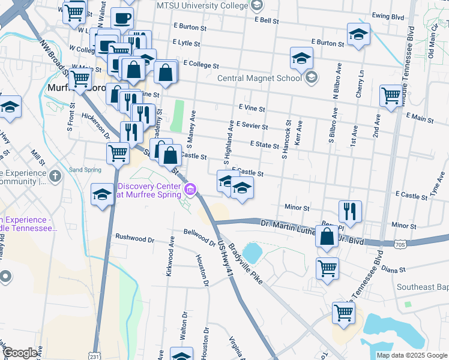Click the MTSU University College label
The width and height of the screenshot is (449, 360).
click(x=202, y=5)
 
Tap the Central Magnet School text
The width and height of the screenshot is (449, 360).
click(x=259, y=78)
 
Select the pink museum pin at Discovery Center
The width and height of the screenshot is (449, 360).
click(x=191, y=190)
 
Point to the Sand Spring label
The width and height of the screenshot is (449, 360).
click(x=85, y=170)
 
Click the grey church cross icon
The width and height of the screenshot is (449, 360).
click(x=56, y=176)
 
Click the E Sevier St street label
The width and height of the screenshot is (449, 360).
click(x=252, y=125)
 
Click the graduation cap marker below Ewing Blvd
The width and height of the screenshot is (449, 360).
click(x=358, y=34)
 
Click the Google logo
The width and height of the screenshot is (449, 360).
click(x=20, y=353)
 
